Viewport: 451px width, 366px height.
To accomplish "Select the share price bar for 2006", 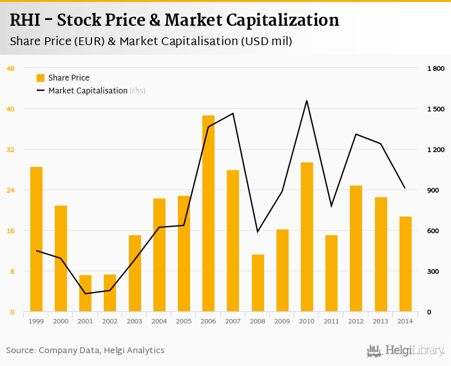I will point(208,213).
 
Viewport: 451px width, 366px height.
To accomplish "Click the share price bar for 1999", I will point(36,239).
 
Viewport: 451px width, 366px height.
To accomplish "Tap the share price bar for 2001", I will point(86,293).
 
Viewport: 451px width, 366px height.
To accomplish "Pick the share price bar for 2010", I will point(307,236).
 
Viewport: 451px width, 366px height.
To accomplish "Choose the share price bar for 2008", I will point(258,283).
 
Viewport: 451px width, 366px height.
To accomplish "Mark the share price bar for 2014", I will point(405,264).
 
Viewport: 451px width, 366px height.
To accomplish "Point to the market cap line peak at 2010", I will point(307,101).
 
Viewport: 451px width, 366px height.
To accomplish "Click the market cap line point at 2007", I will point(233,113).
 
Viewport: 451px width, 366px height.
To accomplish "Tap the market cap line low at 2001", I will point(86,294).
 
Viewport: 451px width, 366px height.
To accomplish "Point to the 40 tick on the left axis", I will point(11,109).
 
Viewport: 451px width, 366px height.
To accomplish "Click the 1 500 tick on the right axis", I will point(436,109).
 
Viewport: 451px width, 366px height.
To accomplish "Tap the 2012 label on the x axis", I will point(356,321).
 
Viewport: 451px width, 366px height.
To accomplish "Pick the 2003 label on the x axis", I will point(135,321).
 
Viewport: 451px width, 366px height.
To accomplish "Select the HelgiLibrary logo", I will point(406,351).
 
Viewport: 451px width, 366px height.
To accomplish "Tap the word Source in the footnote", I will point(20,351).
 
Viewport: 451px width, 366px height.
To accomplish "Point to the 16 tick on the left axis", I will point(11,231).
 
